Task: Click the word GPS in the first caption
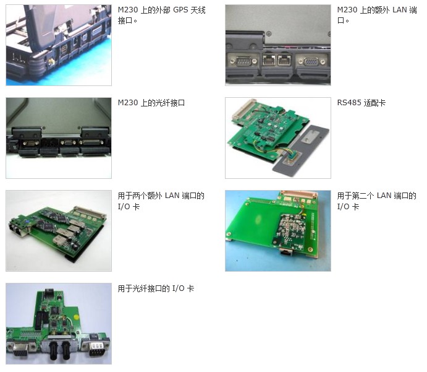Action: tap(180, 10)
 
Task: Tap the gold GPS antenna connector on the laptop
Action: tap(51, 62)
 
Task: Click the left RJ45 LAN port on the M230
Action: tap(269, 59)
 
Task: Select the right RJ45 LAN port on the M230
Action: tap(284, 59)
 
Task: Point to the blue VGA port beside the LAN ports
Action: tap(311, 62)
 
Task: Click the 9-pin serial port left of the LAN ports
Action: tap(243, 61)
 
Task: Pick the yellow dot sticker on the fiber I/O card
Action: tap(77, 318)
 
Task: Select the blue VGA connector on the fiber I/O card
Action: tap(20, 349)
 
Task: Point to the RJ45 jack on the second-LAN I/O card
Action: tap(286, 252)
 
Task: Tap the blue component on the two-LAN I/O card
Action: tap(27, 221)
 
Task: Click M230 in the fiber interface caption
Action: tap(128, 103)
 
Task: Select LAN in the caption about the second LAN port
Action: tap(384, 196)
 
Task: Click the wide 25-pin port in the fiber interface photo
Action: tap(91, 142)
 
